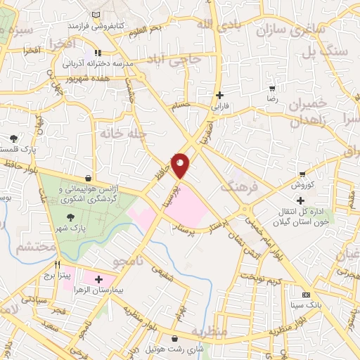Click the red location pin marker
tap(181, 165)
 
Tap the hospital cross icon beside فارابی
tap(220, 95)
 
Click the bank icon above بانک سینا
tap(305, 295)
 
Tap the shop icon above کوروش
tap(302, 174)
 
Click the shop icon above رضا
tap(272, 89)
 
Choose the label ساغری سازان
tap(283, 30)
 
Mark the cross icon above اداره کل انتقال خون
tap(301, 200)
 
